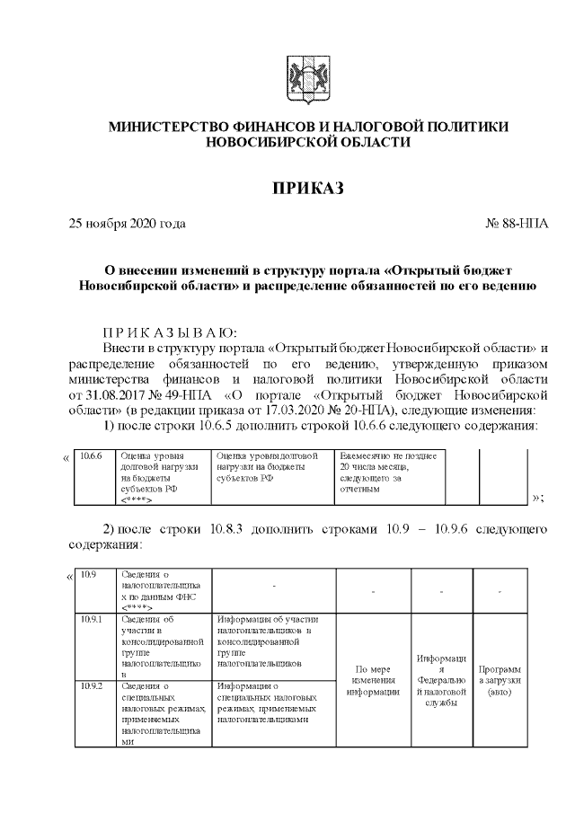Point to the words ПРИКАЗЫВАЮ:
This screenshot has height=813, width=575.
pos(170,331)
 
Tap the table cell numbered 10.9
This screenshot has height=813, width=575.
pos(88,573)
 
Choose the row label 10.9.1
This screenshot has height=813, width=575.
pos(91,619)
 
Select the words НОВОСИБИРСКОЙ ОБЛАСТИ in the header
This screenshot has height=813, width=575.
pos(307,142)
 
